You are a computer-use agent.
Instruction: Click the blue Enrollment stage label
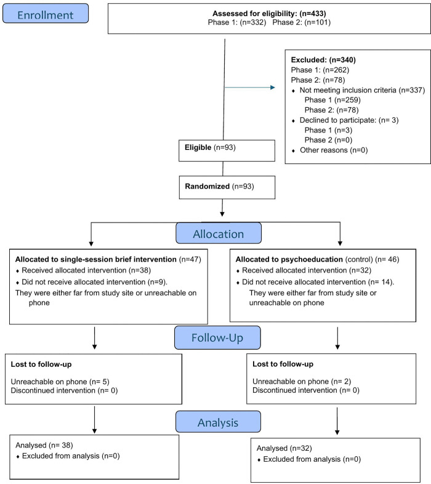click(x=46, y=14)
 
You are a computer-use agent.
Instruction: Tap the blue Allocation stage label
click(x=219, y=233)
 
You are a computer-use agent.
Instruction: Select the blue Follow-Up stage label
click(x=217, y=338)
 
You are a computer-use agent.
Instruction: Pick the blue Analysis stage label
click(x=218, y=422)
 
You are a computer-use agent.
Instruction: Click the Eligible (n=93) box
click(x=227, y=150)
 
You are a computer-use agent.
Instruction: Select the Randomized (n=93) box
click(x=227, y=187)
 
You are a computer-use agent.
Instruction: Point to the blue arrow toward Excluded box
click(x=250, y=88)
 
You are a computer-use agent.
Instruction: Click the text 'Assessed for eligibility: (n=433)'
click(x=269, y=14)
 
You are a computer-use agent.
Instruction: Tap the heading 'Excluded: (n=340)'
click(x=323, y=60)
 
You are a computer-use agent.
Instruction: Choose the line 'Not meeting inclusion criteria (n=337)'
click(x=362, y=90)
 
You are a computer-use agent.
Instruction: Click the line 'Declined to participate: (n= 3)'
click(x=349, y=120)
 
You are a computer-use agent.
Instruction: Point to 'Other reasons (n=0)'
click(x=334, y=150)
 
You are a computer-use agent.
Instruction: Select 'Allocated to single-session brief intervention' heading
click(x=96, y=260)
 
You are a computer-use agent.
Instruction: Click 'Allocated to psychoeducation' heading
click(x=289, y=260)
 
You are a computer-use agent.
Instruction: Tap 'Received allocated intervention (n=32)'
click(x=307, y=271)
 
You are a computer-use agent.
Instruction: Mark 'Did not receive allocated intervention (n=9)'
click(x=94, y=282)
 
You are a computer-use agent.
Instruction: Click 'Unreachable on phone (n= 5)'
click(x=60, y=382)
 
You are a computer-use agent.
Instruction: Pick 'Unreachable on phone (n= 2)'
click(x=302, y=382)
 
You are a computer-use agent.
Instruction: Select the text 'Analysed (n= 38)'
click(x=44, y=445)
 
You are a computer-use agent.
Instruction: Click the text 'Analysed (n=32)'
click(x=284, y=448)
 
